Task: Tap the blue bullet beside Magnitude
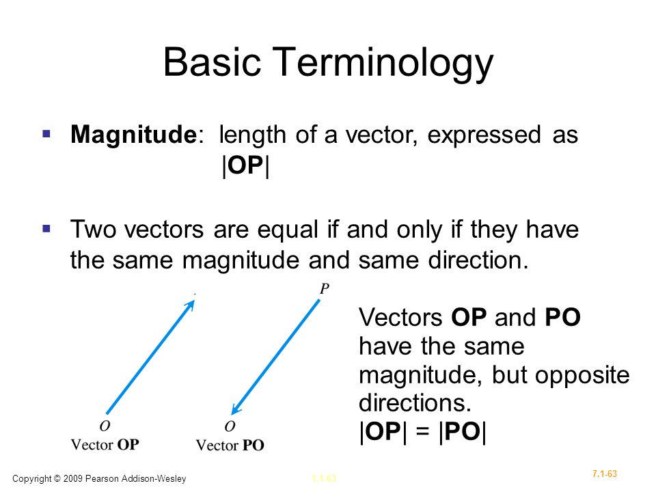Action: tap(46, 134)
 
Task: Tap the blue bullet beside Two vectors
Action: tap(46, 228)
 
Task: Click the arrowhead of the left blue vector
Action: tap(191, 303)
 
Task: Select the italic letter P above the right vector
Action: tap(325, 288)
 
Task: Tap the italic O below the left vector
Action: tap(105, 426)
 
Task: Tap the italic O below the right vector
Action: tap(230, 426)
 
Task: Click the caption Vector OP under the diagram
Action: tap(105, 445)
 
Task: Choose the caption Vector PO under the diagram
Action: tap(230, 446)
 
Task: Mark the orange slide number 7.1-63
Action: tap(605, 474)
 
